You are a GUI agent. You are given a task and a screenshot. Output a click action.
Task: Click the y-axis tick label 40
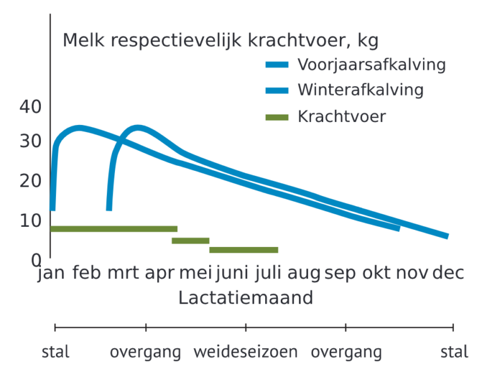click(30, 107)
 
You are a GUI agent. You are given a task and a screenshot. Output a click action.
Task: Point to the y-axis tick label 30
click(30, 141)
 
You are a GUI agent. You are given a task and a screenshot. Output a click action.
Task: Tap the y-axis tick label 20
click(30, 181)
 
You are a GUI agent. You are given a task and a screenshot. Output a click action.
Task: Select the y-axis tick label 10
click(30, 221)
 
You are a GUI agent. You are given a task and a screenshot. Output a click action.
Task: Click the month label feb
click(87, 273)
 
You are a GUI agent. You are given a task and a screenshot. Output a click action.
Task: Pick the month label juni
click(232, 273)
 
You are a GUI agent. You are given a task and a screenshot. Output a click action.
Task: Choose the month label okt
click(377, 273)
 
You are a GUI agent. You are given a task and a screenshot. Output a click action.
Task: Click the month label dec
click(448, 273)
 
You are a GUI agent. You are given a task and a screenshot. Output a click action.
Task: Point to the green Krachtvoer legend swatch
click(277, 117)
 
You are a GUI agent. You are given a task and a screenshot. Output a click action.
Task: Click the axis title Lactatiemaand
click(246, 298)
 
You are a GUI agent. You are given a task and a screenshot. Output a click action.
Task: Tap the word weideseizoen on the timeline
click(246, 352)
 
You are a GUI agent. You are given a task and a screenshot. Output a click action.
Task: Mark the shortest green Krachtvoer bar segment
click(190, 241)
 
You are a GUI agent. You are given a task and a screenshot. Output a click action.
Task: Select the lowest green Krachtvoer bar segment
click(244, 250)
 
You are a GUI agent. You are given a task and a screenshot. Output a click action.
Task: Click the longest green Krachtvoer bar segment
click(114, 229)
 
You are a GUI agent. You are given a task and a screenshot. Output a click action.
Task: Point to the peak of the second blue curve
click(138, 128)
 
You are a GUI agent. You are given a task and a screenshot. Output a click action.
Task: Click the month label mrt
click(123, 273)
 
